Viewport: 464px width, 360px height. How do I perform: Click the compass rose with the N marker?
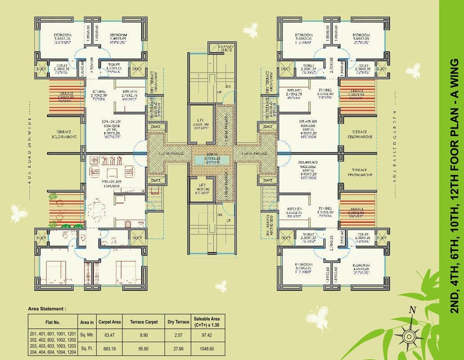click(410, 335)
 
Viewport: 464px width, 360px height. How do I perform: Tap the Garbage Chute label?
click(221, 48)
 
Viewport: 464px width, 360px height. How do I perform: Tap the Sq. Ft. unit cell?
click(87, 349)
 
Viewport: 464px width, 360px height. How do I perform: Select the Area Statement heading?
click(47, 309)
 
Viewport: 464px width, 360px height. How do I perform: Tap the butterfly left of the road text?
click(19, 213)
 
